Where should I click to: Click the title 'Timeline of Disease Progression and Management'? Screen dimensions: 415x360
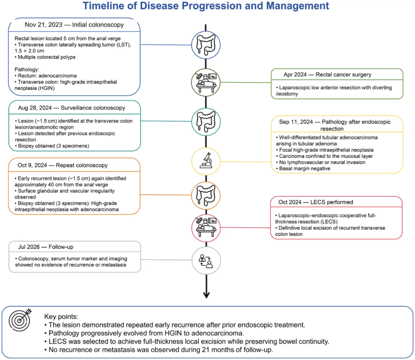pos(206,6)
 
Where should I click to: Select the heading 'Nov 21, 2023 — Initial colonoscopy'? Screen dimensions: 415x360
pos(74,25)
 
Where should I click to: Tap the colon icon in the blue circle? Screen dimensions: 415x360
pos(206,45)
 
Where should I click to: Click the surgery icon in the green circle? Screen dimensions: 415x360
pos(206,83)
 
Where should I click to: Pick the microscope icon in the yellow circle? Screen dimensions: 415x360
pos(206,160)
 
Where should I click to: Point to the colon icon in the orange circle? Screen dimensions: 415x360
pos(206,195)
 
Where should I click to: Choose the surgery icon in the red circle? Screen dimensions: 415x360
pos(206,227)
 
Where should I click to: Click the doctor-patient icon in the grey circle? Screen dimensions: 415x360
pos(206,261)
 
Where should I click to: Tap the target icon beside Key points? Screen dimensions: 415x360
pos(20,320)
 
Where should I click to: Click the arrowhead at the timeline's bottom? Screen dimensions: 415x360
pos(206,295)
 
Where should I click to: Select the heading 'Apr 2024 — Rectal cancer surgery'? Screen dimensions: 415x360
pos(327,75)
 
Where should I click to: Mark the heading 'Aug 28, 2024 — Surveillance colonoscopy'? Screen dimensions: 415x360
pos(71,108)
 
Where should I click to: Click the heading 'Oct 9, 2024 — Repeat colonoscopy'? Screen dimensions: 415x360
pos(63,165)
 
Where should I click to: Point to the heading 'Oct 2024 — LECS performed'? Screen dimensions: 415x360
pos(316,202)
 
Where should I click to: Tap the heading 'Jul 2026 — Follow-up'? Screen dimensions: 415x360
pos(45,247)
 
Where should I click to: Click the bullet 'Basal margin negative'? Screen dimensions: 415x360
pos(303,169)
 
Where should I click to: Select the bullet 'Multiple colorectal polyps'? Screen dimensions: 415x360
pos(45,57)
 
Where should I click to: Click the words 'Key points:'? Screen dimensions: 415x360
pos(61,317)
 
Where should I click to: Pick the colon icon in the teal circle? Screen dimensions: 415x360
pos(206,122)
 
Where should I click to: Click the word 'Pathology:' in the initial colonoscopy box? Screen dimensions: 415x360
pos(27,70)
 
